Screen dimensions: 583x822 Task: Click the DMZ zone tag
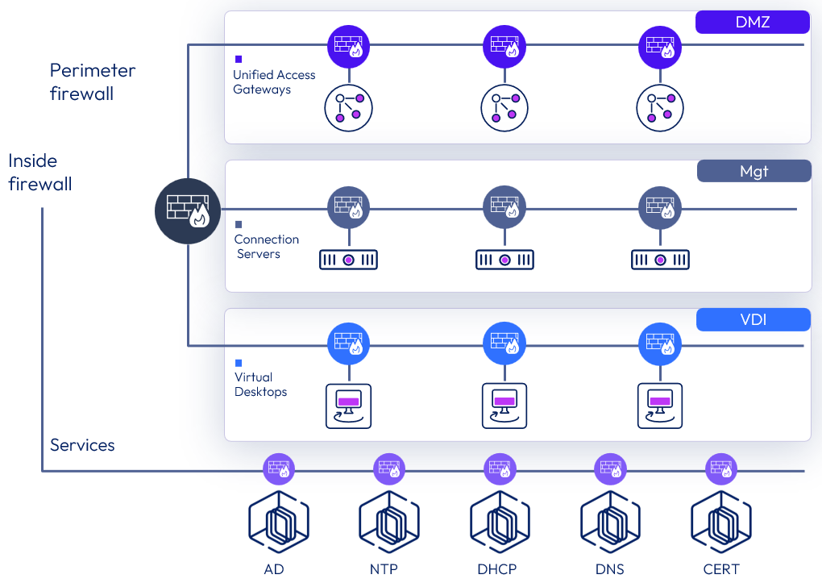752,22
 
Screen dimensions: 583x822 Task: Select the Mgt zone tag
753,171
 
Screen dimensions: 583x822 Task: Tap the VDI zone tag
753,320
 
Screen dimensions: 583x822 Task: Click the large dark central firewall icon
188,210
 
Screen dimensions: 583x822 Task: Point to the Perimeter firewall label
93,81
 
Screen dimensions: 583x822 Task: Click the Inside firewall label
40,172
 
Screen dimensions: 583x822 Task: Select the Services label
82,445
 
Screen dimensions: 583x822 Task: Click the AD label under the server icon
274,569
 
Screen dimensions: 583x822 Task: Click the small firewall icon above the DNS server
610,468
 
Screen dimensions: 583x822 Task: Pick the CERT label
720,569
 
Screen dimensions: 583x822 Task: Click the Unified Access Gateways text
274,82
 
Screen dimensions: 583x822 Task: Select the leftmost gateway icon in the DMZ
348,108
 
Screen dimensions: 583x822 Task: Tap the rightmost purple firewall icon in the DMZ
660,47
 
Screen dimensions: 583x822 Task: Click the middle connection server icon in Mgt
504,260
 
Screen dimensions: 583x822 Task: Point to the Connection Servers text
266,247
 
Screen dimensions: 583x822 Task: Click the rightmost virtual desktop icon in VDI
660,406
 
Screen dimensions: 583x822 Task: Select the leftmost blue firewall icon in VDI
348,345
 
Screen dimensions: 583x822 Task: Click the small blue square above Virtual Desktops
239,363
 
